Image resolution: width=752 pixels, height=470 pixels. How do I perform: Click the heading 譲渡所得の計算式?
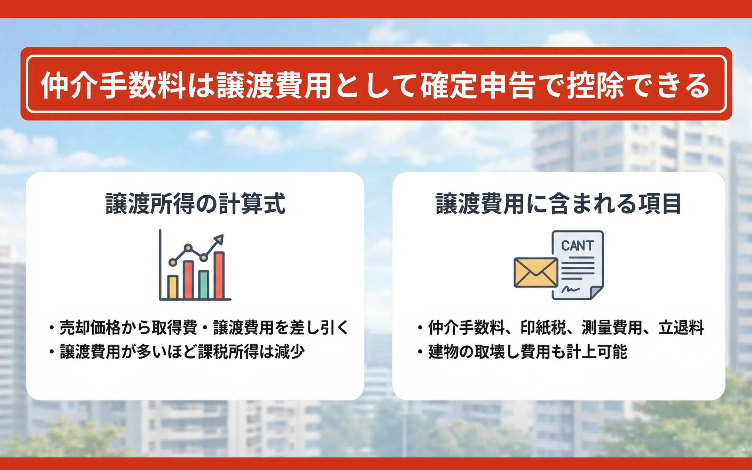(195, 204)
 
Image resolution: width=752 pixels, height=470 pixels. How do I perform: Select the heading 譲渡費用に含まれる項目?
(558, 204)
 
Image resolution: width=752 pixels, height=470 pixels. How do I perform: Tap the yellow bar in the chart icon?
(173, 287)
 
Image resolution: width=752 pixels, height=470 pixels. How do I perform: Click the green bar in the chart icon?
(204, 285)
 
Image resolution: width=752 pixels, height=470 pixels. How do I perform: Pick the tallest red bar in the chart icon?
(219, 275)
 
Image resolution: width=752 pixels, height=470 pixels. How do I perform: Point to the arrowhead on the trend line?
(219, 239)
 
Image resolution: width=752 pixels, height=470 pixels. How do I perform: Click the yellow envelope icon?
(536, 273)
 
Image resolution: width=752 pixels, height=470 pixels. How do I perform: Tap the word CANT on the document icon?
(577, 246)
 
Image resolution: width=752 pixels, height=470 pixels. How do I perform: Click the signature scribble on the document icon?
(570, 289)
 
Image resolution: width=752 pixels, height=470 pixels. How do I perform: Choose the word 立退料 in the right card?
(681, 328)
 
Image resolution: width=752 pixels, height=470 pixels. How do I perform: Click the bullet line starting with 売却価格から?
(199, 328)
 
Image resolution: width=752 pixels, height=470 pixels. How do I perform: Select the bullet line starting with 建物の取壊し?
(522, 352)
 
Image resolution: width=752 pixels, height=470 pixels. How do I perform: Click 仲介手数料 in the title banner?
(113, 85)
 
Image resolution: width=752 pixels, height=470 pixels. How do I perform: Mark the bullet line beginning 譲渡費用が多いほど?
(177, 352)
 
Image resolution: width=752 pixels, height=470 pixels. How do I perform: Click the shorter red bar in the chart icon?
(188, 280)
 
